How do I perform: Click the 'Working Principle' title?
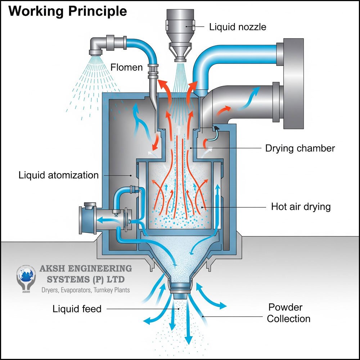tap(67, 11)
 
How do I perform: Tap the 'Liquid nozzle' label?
tap(238, 27)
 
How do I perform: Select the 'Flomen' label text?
tap(126, 67)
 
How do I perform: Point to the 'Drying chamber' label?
tap(300, 148)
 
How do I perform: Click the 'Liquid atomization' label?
tap(58, 175)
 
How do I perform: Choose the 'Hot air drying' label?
tap(301, 207)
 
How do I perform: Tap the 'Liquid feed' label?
tap(77, 309)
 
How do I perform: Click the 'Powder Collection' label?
tap(288, 313)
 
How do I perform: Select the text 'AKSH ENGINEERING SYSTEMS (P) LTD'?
tap(85, 274)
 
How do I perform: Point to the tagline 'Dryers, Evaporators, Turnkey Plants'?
tap(86, 290)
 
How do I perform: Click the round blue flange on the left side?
tap(88, 220)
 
